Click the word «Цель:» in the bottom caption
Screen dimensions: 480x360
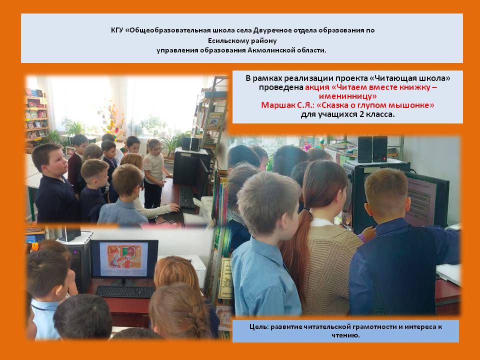coord(258,327)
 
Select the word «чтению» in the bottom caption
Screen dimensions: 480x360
coord(344,335)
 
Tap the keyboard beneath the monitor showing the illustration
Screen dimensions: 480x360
coord(125,291)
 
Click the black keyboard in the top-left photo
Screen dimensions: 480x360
coord(186,197)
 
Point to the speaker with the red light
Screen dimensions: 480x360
coord(379,149)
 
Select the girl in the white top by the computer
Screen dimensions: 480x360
coord(154,173)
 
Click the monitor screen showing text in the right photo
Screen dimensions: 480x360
coord(422,200)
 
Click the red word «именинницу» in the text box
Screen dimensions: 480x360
coord(348,96)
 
